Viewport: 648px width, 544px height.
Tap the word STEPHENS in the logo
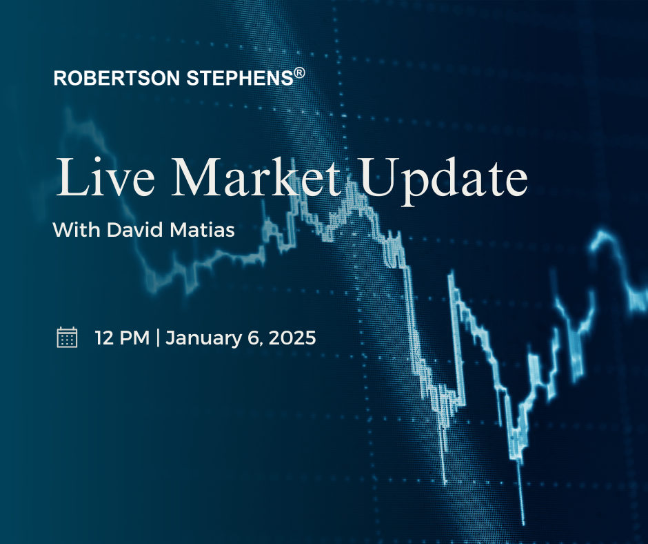tap(240, 78)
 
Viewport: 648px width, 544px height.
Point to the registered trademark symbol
tap(300, 73)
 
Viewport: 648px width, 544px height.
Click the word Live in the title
tap(105, 177)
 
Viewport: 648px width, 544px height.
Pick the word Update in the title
tap(443, 182)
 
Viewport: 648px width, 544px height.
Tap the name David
tap(134, 229)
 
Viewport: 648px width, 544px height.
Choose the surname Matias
tap(202, 229)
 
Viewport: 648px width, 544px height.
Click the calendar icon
tap(67, 337)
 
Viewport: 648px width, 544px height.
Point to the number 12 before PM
tap(103, 338)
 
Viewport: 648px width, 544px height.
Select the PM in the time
tap(134, 338)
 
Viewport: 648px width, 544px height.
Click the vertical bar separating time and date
tap(158, 338)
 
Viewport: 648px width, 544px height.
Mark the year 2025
tap(292, 338)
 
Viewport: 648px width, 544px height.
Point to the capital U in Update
tap(380, 177)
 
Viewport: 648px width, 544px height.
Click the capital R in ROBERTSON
tap(61, 78)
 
